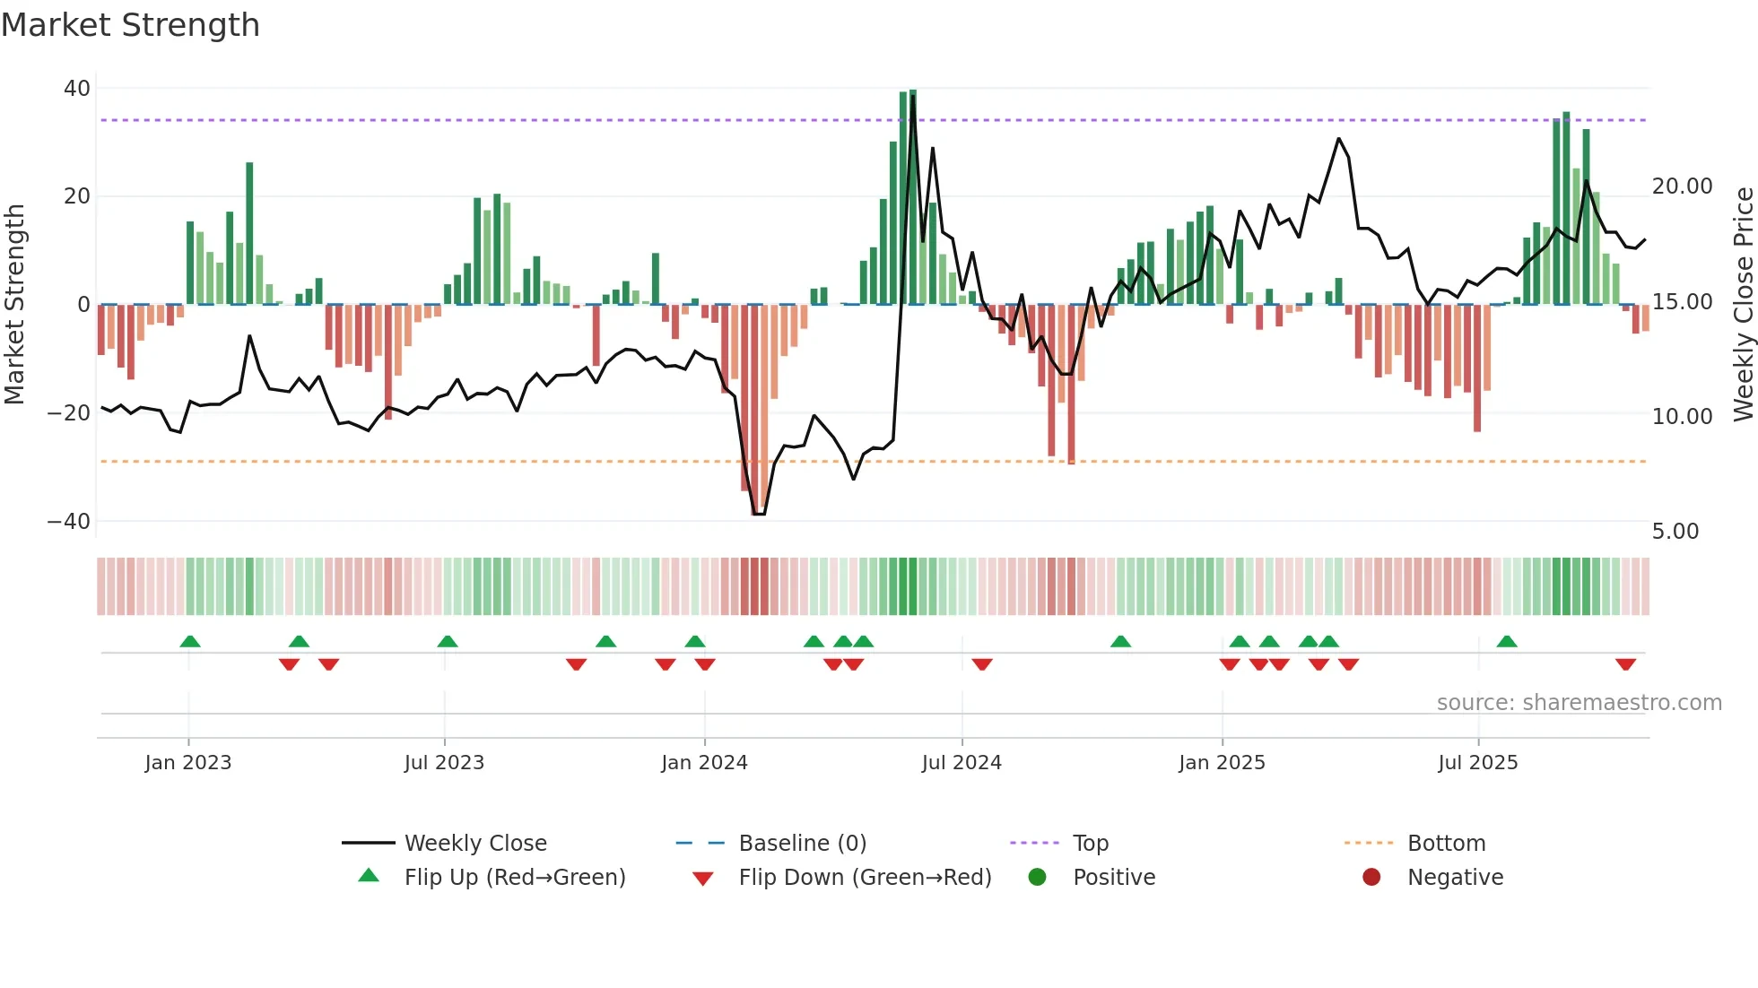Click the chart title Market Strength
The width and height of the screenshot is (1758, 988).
coord(130,25)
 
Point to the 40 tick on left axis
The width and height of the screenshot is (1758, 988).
coord(77,89)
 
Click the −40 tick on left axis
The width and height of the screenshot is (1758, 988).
coord(69,522)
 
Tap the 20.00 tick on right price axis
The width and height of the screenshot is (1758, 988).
coord(1682,186)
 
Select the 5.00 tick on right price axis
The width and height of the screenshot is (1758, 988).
coord(1675,532)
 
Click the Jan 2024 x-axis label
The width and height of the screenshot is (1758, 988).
coord(704,763)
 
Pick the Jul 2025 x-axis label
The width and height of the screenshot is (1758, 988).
coord(1477,763)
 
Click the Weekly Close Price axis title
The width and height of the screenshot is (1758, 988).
coord(1743,305)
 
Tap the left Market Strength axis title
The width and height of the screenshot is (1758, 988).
coord(15,305)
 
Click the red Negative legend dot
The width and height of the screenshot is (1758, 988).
coord(1371,878)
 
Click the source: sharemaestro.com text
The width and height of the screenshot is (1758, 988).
coord(1579,703)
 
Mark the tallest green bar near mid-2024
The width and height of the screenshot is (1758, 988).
coord(913,197)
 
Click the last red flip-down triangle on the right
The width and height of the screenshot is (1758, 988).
coord(1625,664)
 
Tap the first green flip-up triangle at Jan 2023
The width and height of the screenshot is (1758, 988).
coord(190,641)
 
